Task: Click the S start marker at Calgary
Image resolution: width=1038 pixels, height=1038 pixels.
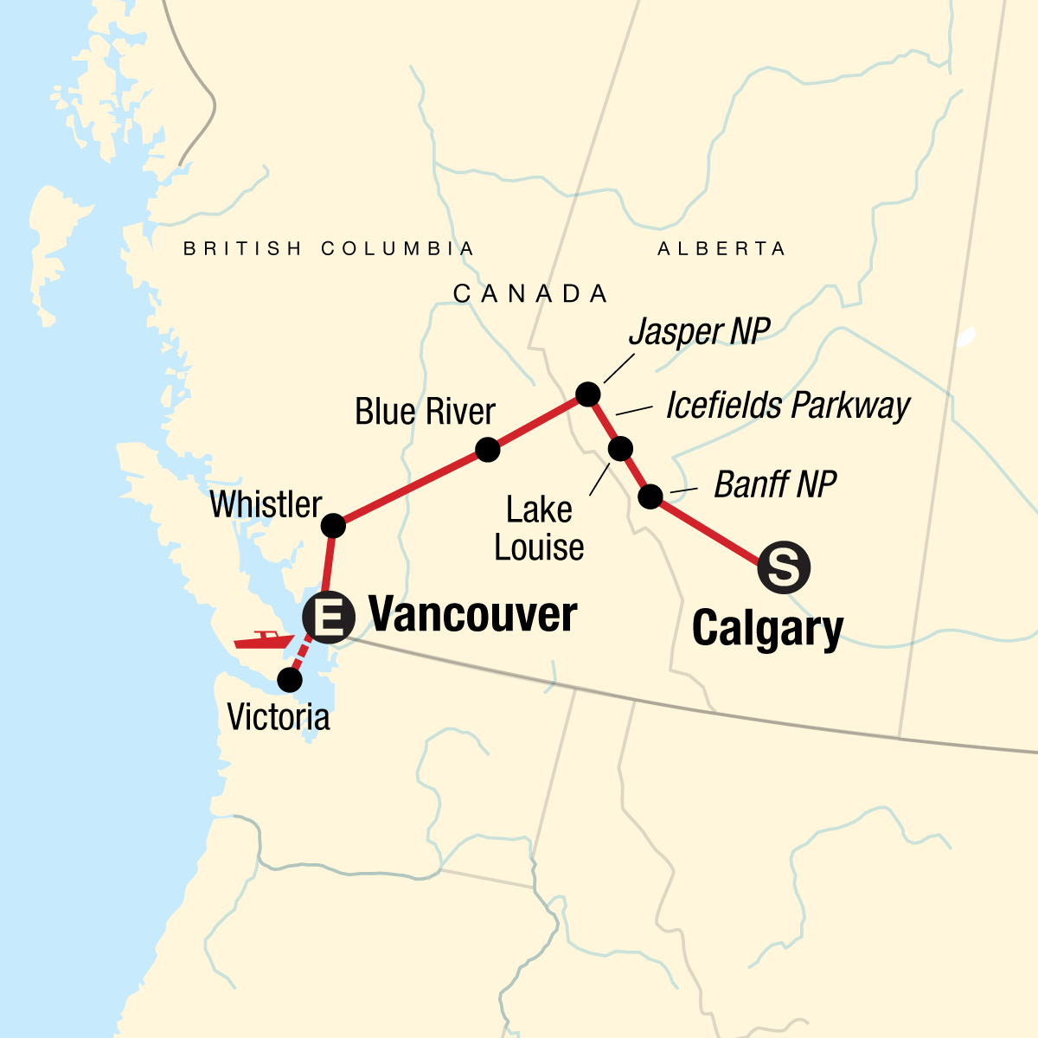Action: coord(784,568)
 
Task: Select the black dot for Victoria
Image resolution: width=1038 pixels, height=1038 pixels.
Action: coord(290,680)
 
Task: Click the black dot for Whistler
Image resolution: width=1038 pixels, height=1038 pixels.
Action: coord(333,526)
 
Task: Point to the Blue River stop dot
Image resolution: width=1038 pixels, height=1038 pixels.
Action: coord(488,450)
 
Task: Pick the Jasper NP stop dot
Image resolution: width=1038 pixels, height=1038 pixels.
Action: coord(587,394)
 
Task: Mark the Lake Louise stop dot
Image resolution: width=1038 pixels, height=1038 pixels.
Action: coord(621,449)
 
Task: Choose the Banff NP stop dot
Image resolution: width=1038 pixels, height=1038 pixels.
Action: coord(650,497)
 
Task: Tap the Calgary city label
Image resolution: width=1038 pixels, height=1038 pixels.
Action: coord(767,628)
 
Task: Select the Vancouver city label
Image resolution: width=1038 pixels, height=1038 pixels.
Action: coord(472,615)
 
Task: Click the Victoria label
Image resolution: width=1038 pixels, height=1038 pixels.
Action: coord(279,717)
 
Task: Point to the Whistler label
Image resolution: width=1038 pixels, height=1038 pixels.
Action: coord(266,504)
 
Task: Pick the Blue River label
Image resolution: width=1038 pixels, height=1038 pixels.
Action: coord(425,412)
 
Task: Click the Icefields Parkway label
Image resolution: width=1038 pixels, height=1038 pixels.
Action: coord(788,406)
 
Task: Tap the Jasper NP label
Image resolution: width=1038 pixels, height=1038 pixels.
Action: coord(699,331)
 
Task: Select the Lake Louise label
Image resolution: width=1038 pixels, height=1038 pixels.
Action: coord(539,529)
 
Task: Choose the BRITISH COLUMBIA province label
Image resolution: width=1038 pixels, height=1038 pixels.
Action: coord(329,249)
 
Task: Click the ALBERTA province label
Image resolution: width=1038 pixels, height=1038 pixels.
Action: coord(721,249)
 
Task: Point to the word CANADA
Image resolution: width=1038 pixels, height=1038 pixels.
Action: coord(530,294)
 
